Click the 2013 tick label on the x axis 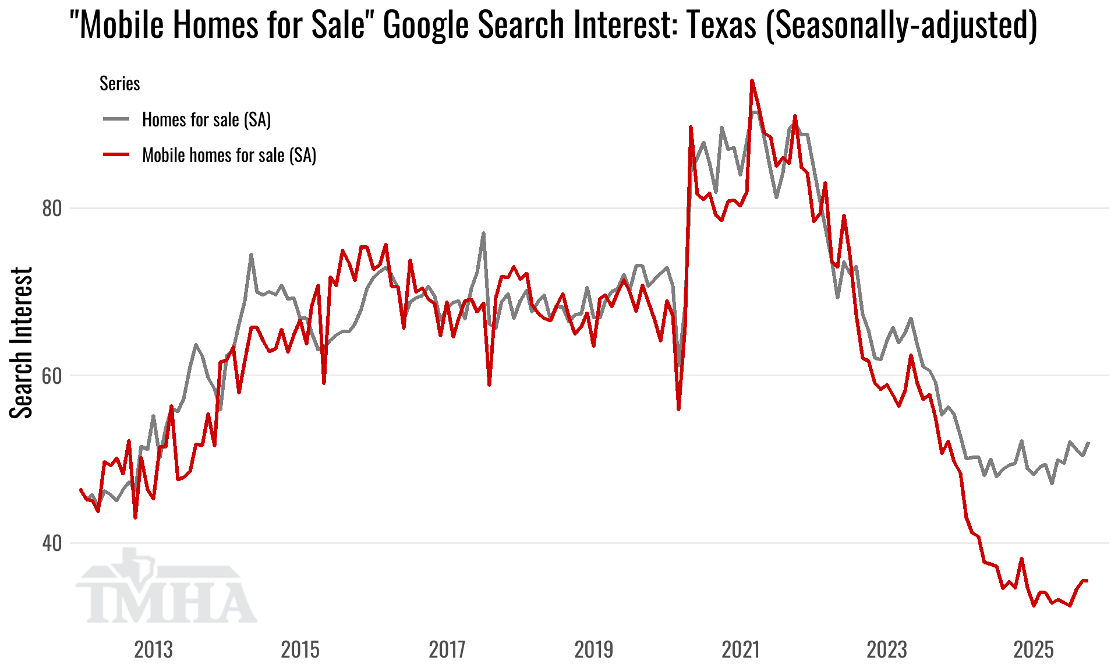coord(153,649)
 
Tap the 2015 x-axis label coord(300,649)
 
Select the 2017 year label coord(447,649)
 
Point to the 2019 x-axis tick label coord(593,649)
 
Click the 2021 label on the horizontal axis coord(741,649)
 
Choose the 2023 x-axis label coord(887,649)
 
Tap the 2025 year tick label coord(1034,649)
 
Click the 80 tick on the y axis coord(51,209)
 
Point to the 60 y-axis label coord(51,376)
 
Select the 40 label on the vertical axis coord(51,543)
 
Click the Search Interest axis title coord(22,342)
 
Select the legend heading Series coord(119,84)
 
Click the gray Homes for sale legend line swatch coord(116,119)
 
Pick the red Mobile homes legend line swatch coord(116,155)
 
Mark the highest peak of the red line coord(752,80)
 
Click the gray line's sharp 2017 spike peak coord(483,234)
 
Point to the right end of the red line coord(1087,580)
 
